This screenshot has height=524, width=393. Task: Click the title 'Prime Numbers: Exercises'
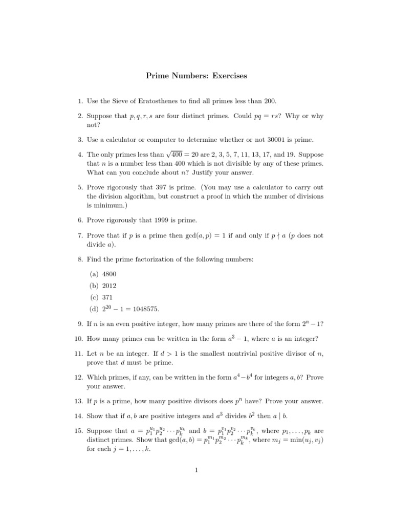[196, 76]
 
